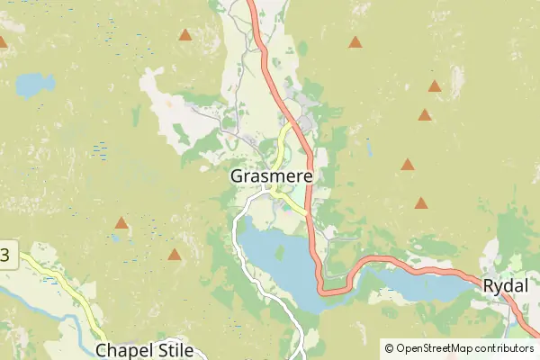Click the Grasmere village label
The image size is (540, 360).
(x=271, y=176)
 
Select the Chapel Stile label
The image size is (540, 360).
(x=142, y=349)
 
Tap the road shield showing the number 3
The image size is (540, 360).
(x=4, y=255)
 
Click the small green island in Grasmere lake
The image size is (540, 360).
(x=280, y=253)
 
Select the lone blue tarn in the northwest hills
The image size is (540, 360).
(x=34, y=85)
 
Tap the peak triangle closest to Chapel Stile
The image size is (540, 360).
(x=175, y=255)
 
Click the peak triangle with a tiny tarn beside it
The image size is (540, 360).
(x=121, y=222)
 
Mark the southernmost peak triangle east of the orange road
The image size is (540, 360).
(x=420, y=203)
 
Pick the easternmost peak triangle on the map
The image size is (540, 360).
(x=435, y=86)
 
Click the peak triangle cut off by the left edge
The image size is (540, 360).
(x=3, y=41)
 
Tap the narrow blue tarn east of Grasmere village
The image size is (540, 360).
(x=369, y=148)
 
